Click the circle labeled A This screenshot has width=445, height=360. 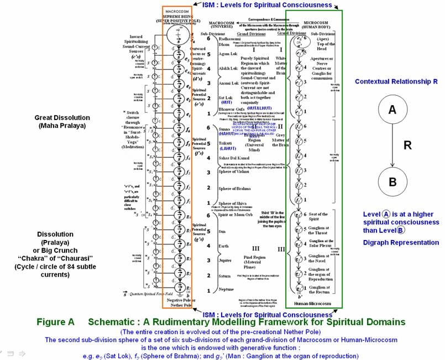click(392, 110)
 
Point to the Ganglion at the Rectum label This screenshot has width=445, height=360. click(319, 289)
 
